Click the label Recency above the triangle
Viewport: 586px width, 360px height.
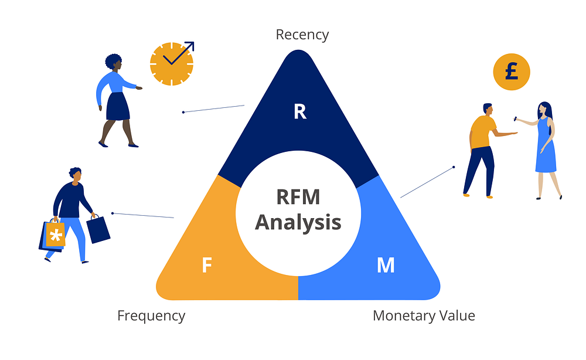(302, 34)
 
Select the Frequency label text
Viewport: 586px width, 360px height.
(151, 315)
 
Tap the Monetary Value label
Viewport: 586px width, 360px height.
(424, 316)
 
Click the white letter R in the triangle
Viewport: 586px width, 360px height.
(300, 111)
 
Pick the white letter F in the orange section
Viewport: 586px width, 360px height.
(206, 266)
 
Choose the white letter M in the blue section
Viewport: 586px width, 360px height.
(385, 266)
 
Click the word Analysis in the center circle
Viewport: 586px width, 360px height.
(298, 222)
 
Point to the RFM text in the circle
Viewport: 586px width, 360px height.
(298, 196)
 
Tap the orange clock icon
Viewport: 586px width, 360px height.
(171, 63)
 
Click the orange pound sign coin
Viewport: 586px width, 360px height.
(511, 73)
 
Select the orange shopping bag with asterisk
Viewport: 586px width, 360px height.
(55, 235)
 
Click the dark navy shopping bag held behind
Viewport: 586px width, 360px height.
(98, 229)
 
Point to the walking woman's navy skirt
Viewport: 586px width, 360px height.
(118, 106)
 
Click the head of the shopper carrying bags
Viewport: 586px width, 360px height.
(75, 174)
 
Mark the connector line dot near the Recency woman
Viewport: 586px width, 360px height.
(183, 111)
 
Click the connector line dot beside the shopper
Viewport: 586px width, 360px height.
(112, 213)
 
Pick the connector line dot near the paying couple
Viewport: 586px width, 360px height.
(454, 167)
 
